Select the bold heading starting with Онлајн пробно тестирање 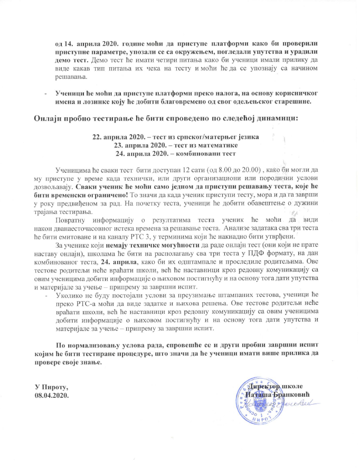(164, 117)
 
